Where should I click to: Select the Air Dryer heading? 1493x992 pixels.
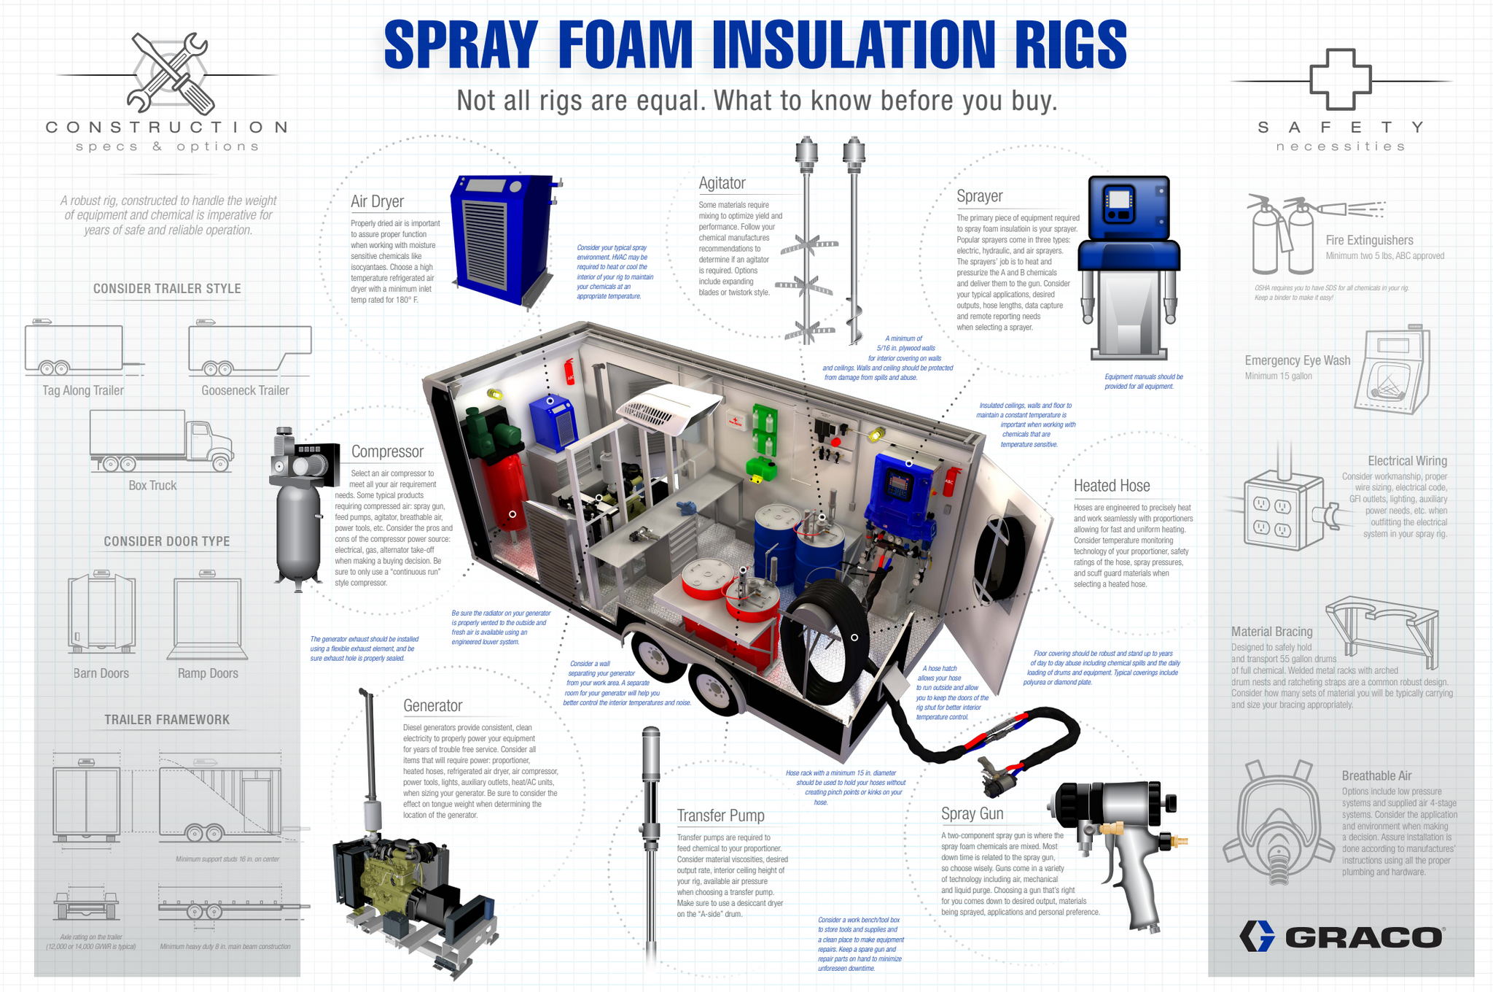click(x=377, y=201)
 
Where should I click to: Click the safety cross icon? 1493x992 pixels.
click(x=1340, y=80)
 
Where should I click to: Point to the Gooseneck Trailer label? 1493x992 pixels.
click(x=245, y=391)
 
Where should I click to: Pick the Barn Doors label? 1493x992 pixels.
click(x=101, y=673)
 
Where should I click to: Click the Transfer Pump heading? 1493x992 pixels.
click(x=720, y=815)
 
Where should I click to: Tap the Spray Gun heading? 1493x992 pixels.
click(x=972, y=813)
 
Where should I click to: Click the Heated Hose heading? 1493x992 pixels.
click(x=1111, y=486)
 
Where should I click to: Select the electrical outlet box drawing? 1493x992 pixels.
click(x=1283, y=510)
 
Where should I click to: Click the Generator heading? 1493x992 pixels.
click(x=432, y=705)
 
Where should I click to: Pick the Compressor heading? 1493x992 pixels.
click(x=387, y=452)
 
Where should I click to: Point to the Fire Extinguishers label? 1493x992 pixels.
click(x=1369, y=241)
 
